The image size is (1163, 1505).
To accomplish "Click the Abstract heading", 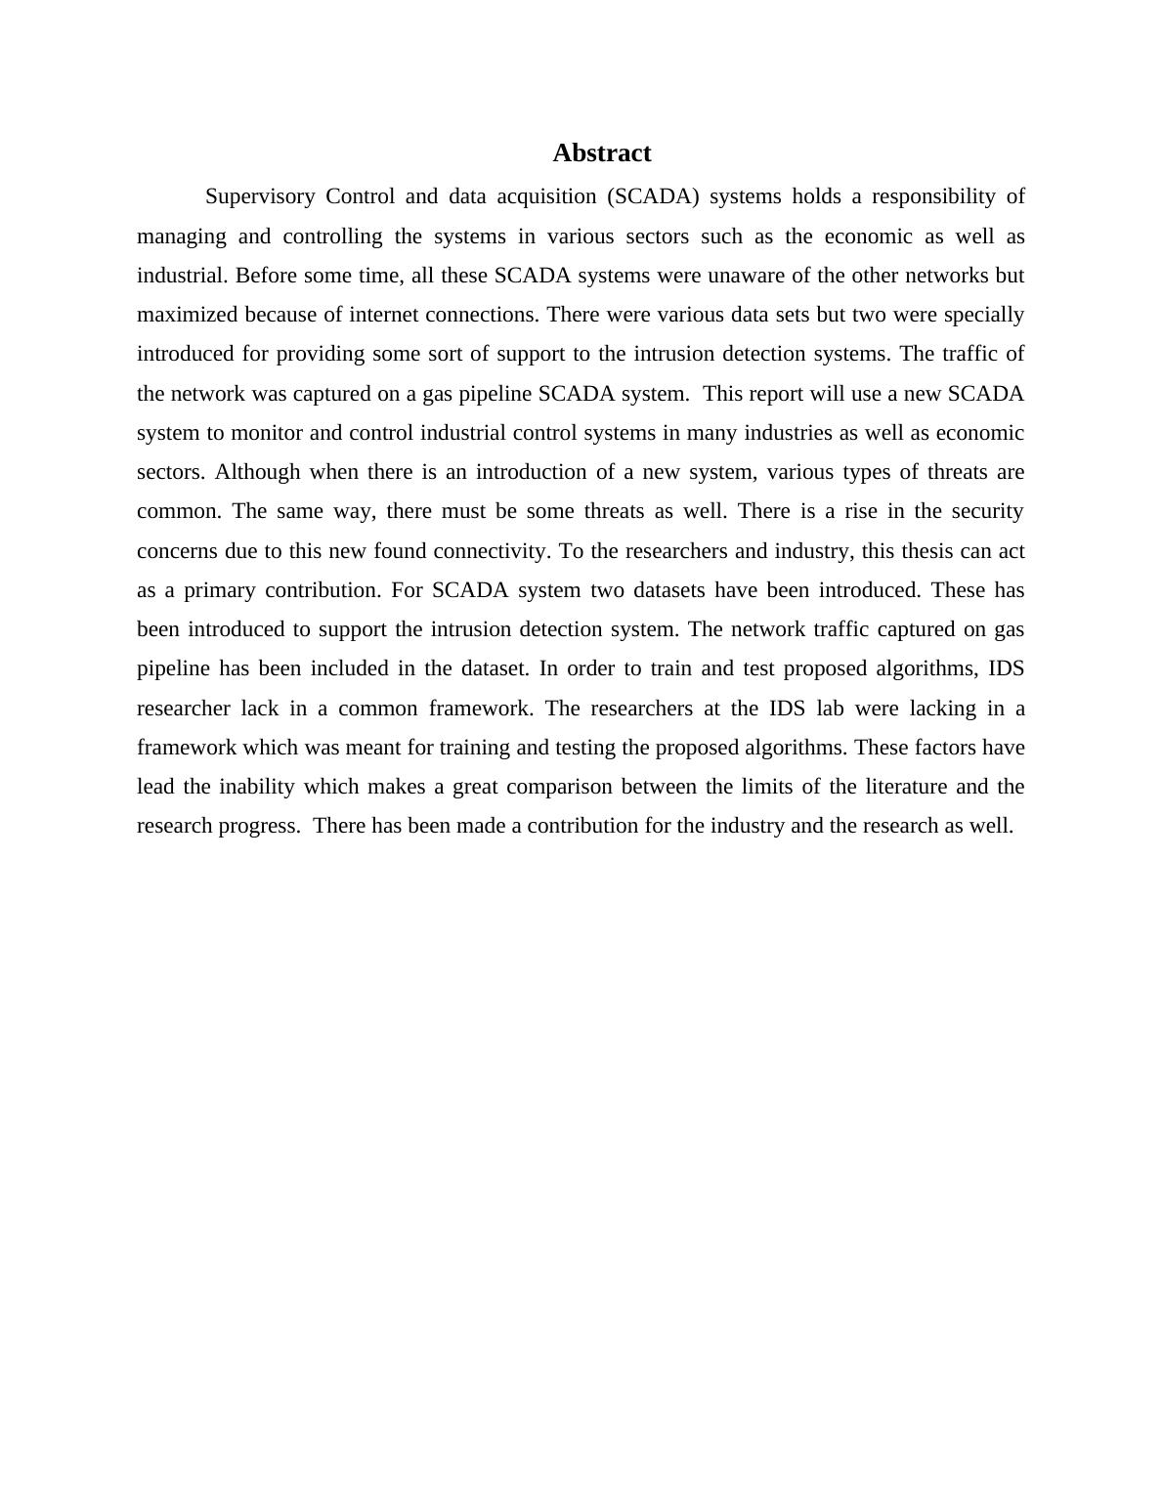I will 601,153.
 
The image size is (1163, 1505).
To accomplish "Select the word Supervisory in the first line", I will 260,196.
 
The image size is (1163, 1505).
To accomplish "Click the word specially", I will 983,315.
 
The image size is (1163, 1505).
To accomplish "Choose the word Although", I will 258,472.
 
